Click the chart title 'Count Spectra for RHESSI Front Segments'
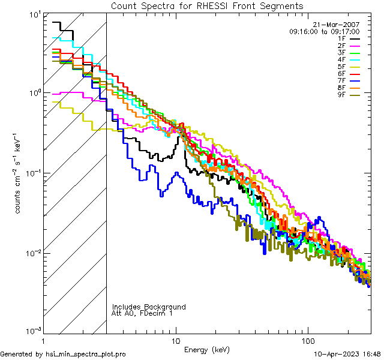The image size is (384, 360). click(207, 6)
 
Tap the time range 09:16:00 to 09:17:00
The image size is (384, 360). click(324, 31)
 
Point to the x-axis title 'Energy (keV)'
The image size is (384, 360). click(206, 349)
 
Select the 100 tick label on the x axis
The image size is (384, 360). click(307, 341)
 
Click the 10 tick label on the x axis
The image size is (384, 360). click(176, 341)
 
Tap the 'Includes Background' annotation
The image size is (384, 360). click(149, 307)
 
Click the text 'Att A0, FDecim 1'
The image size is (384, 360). click(142, 313)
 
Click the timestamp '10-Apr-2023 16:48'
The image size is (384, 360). click(346, 354)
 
